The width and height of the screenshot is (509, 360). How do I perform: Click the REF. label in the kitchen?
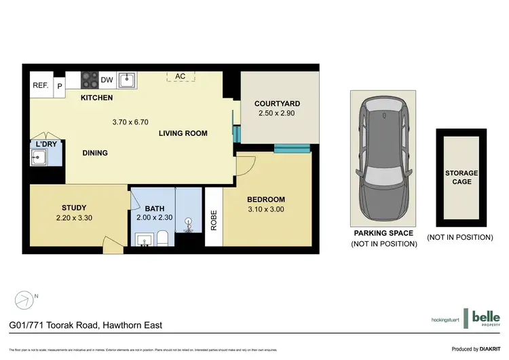(x=41, y=86)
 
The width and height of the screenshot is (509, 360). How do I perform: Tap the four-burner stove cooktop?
(x=90, y=80)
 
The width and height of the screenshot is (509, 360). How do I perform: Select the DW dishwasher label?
(x=107, y=80)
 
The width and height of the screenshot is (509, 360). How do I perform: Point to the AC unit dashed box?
(x=180, y=76)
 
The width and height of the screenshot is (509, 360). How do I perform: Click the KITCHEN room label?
(x=96, y=98)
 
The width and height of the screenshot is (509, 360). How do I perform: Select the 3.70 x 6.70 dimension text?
(x=130, y=122)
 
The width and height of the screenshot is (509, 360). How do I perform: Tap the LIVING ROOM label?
(x=183, y=133)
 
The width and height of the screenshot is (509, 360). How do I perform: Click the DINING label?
(x=95, y=153)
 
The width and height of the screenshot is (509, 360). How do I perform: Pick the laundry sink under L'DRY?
(x=37, y=158)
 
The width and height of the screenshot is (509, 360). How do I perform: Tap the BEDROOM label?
(x=266, y=199)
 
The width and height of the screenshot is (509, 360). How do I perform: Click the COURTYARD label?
(x=277, y=103)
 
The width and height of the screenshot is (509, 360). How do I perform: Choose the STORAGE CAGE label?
(x=459, y=177)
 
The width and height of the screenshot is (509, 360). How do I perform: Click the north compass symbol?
(x=24, y=298)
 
